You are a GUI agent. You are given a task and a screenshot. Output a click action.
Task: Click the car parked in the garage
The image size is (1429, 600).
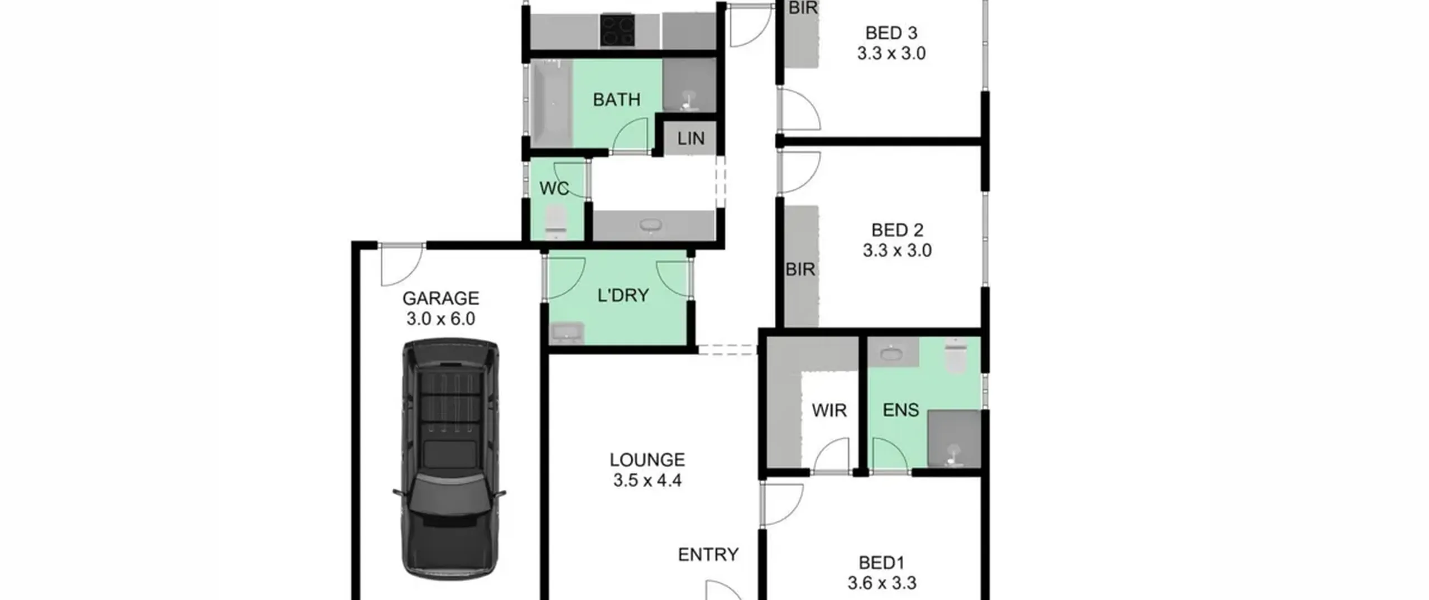pos(450,459)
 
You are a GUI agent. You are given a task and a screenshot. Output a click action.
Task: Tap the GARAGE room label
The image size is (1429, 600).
pos(440,299)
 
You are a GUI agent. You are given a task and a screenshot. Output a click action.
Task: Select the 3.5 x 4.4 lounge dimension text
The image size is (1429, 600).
pos(648,480)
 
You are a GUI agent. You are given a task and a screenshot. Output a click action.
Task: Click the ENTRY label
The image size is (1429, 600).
pos(708,554)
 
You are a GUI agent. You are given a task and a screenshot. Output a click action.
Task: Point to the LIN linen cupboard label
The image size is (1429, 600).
pos(691,138)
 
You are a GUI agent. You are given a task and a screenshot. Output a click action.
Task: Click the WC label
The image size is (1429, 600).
pos(554,189)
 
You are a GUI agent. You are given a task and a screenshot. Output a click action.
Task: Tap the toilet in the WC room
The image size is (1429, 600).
pos(556,222)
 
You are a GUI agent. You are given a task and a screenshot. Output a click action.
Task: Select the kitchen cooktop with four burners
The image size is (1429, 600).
pos(618,31)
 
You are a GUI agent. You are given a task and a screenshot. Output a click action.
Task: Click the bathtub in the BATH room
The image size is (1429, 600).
pos(550,103)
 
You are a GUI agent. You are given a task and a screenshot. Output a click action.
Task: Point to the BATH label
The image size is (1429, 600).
pos(617,100)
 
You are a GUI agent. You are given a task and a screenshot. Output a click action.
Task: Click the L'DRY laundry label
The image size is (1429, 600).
pos(623,295)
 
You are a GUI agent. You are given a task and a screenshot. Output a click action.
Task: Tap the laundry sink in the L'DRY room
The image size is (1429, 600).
pos(567,333)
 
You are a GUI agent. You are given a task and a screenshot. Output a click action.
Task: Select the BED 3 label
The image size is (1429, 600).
pos(891,33)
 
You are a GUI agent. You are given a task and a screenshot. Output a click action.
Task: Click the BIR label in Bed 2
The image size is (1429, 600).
pos(800,270)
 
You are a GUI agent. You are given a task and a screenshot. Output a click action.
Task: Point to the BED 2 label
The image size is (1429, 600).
pos(898,230)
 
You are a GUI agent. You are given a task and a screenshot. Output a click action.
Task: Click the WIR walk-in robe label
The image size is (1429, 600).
pos(829,411)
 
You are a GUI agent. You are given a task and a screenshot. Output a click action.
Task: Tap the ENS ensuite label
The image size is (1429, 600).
pos(901,410)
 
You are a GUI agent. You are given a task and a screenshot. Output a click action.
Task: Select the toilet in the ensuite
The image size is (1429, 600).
pos(955,356)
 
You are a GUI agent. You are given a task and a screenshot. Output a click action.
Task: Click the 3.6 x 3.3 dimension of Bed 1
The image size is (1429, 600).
pos(882,583)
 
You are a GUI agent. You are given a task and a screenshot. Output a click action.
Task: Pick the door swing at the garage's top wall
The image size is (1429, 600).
pos(400,265)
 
